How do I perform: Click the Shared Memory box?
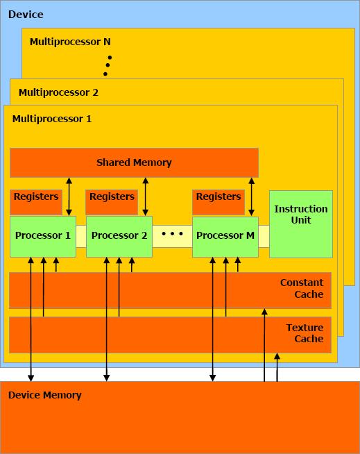pyautogui.click(x=134, y=162)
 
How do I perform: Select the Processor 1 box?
pyautogui.click(x=43, y=237)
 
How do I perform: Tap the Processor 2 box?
pyautogui.click(x=119, y=237)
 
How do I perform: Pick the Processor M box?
pyautogui.click(x=225, y=237)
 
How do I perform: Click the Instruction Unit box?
pyautogui.click(x=301, y=224)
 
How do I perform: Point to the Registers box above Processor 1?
pyautogui.click(x=36, y=202)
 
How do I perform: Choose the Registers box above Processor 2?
pyautogui.click(x=112, y=202)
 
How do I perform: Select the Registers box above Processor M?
pyautogui.click(x=218, y=202)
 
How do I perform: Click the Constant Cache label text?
pyautogui.click(x=302, y=288)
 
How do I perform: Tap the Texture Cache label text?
pyautogui.click(x=305, y=333)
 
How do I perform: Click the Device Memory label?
pyautogui.click(x=45, y=395)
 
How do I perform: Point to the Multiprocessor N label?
pyautogui.click(x=70, y=42)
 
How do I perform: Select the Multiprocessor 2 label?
pyautogui.click(x=58, y=92)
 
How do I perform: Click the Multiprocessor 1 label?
pyautogui.click(x=52, y=119)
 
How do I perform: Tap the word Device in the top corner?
pyautogui.click(x=26, y=15)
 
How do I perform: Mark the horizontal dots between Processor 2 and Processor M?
pyautogui.click(x=173, y=234)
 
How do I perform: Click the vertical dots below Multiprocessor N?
pyautogui.click(x=108, y=65)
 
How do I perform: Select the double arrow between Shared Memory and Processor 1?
pyautogui.click(x=69, y=197)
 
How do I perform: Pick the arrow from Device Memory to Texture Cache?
pyautogui.click(x=277, y=367)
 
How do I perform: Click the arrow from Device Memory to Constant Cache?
pyautogui.click(x=264, y=345)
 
